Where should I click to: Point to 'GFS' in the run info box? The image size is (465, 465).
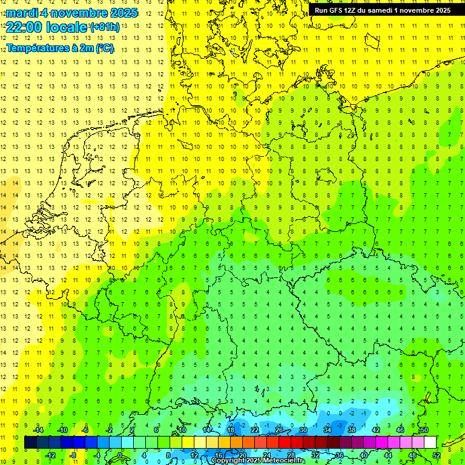(337, 10)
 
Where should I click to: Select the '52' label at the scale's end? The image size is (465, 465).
(436, 455)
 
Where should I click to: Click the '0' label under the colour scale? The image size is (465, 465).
(120, 455)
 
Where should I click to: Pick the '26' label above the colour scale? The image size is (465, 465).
(279, 430)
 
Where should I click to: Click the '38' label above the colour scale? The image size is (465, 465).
(352, 430)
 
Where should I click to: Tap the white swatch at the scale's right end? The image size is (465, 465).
(430, 443)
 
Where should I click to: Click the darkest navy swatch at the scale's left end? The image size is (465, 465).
(30, 443)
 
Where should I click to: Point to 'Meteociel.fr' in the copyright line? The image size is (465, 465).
(284, 461)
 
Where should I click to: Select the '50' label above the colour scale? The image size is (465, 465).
(424, 430)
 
